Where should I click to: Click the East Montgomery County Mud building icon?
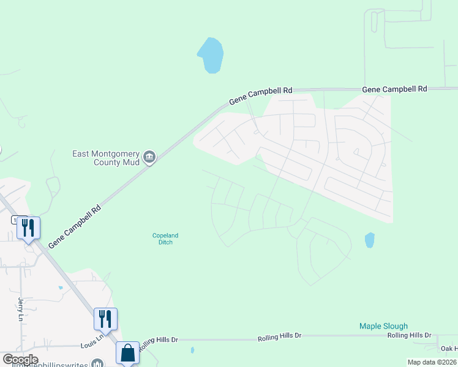point(149,158)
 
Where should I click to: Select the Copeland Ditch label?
point(162,239)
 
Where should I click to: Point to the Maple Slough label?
point(383,327)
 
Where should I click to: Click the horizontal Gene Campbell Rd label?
point(394,89)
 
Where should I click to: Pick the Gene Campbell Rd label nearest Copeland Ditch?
point(74,226)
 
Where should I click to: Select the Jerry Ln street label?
point(20,310)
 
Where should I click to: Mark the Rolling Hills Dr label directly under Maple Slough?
point(409,335)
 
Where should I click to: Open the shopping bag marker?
point(127,353)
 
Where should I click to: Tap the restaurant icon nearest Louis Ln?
point(105,319)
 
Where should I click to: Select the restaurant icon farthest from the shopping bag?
point(28,228)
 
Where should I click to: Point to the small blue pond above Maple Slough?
point(369,240)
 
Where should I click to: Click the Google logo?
point(20,360)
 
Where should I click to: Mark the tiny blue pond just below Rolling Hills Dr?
point(192,350)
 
